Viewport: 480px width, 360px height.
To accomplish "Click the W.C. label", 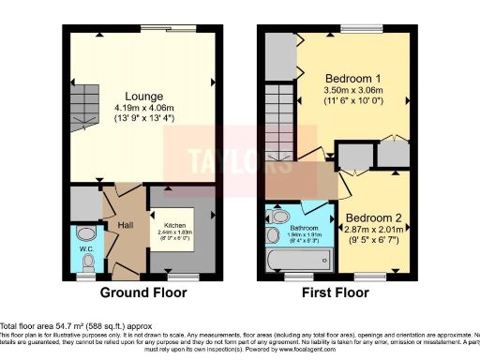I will click(85, 249).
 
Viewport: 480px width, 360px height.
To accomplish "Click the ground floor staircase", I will click(85, 107).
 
